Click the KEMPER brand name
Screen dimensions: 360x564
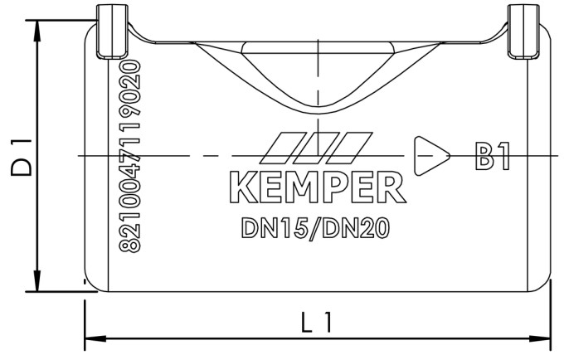316,188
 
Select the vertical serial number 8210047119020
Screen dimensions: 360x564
130,155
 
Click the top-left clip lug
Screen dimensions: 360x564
110,31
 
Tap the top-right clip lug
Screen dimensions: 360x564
521,31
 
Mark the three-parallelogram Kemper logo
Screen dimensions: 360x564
316,148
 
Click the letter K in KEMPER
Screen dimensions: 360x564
241,188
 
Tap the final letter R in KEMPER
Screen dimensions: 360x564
391,188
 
